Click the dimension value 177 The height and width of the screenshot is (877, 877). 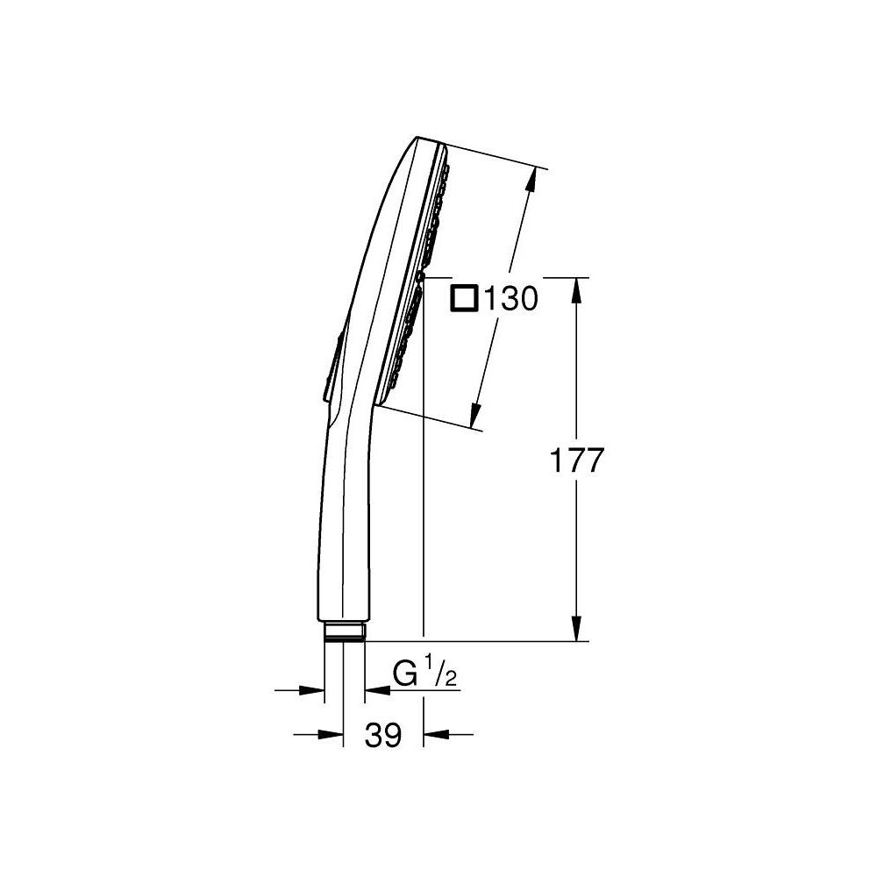tap(575, 460)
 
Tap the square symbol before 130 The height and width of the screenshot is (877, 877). tap(463, 299)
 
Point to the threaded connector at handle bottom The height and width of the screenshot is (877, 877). tap(344, 631)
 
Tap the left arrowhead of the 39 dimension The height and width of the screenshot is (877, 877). tap(331, 733)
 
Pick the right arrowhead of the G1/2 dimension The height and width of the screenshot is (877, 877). tap(374, 690)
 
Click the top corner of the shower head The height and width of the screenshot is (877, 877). tap(418, 138)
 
